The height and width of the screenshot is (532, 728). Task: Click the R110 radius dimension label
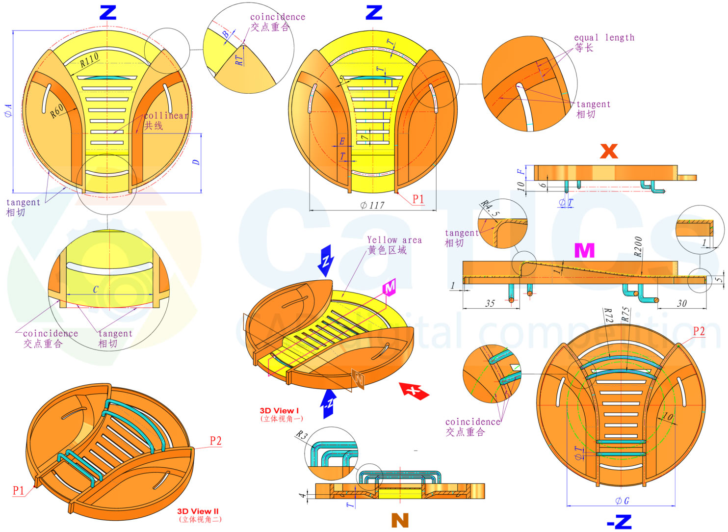89,60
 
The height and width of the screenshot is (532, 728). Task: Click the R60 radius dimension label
57,111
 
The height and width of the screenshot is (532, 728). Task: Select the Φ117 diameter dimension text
372,205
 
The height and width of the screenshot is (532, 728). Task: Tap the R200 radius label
638,247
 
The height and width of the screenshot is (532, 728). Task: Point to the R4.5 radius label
490,208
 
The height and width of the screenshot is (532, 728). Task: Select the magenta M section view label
584,250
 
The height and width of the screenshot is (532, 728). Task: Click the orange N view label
400,520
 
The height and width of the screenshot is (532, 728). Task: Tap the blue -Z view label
620,522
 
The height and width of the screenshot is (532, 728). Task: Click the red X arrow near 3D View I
414,391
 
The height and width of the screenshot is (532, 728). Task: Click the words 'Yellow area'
394,240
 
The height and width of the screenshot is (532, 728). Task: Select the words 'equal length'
604,38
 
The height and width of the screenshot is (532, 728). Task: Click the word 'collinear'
166,115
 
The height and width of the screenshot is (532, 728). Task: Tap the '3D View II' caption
198,511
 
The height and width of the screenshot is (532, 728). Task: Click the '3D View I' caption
279,411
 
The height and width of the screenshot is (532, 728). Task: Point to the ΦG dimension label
622,501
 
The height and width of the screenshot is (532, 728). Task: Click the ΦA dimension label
8,110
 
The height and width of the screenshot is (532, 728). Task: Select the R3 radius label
301,435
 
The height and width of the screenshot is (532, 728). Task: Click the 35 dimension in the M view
490,303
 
